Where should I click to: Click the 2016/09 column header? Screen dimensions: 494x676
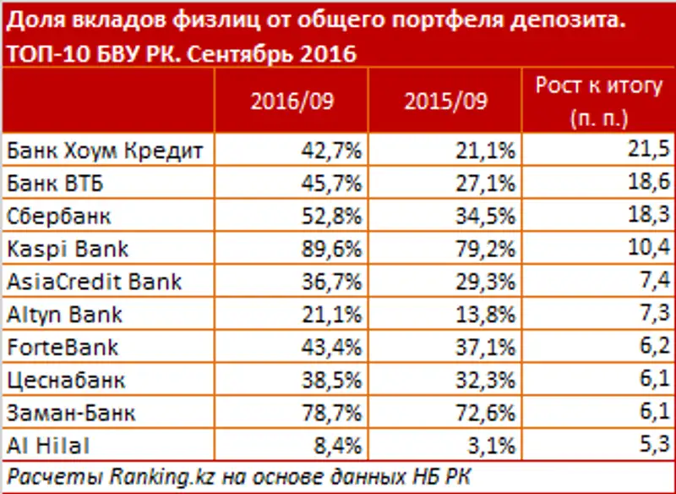coord(292,101)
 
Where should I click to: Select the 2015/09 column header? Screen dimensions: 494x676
coord(445,101)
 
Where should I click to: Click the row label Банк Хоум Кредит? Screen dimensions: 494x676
coord(105,151)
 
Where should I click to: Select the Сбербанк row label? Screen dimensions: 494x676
coord(58,216)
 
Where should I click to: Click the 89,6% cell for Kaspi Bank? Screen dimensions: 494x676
coord(333,249)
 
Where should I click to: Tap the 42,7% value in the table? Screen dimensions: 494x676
coord(333,151)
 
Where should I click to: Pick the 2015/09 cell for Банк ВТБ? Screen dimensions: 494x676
coord(486,184)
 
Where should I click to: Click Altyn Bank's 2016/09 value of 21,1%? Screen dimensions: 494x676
coord(333,314)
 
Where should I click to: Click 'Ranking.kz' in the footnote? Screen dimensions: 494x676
coord(164,475)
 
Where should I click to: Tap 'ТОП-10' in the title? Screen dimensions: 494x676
coord(40,53)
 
